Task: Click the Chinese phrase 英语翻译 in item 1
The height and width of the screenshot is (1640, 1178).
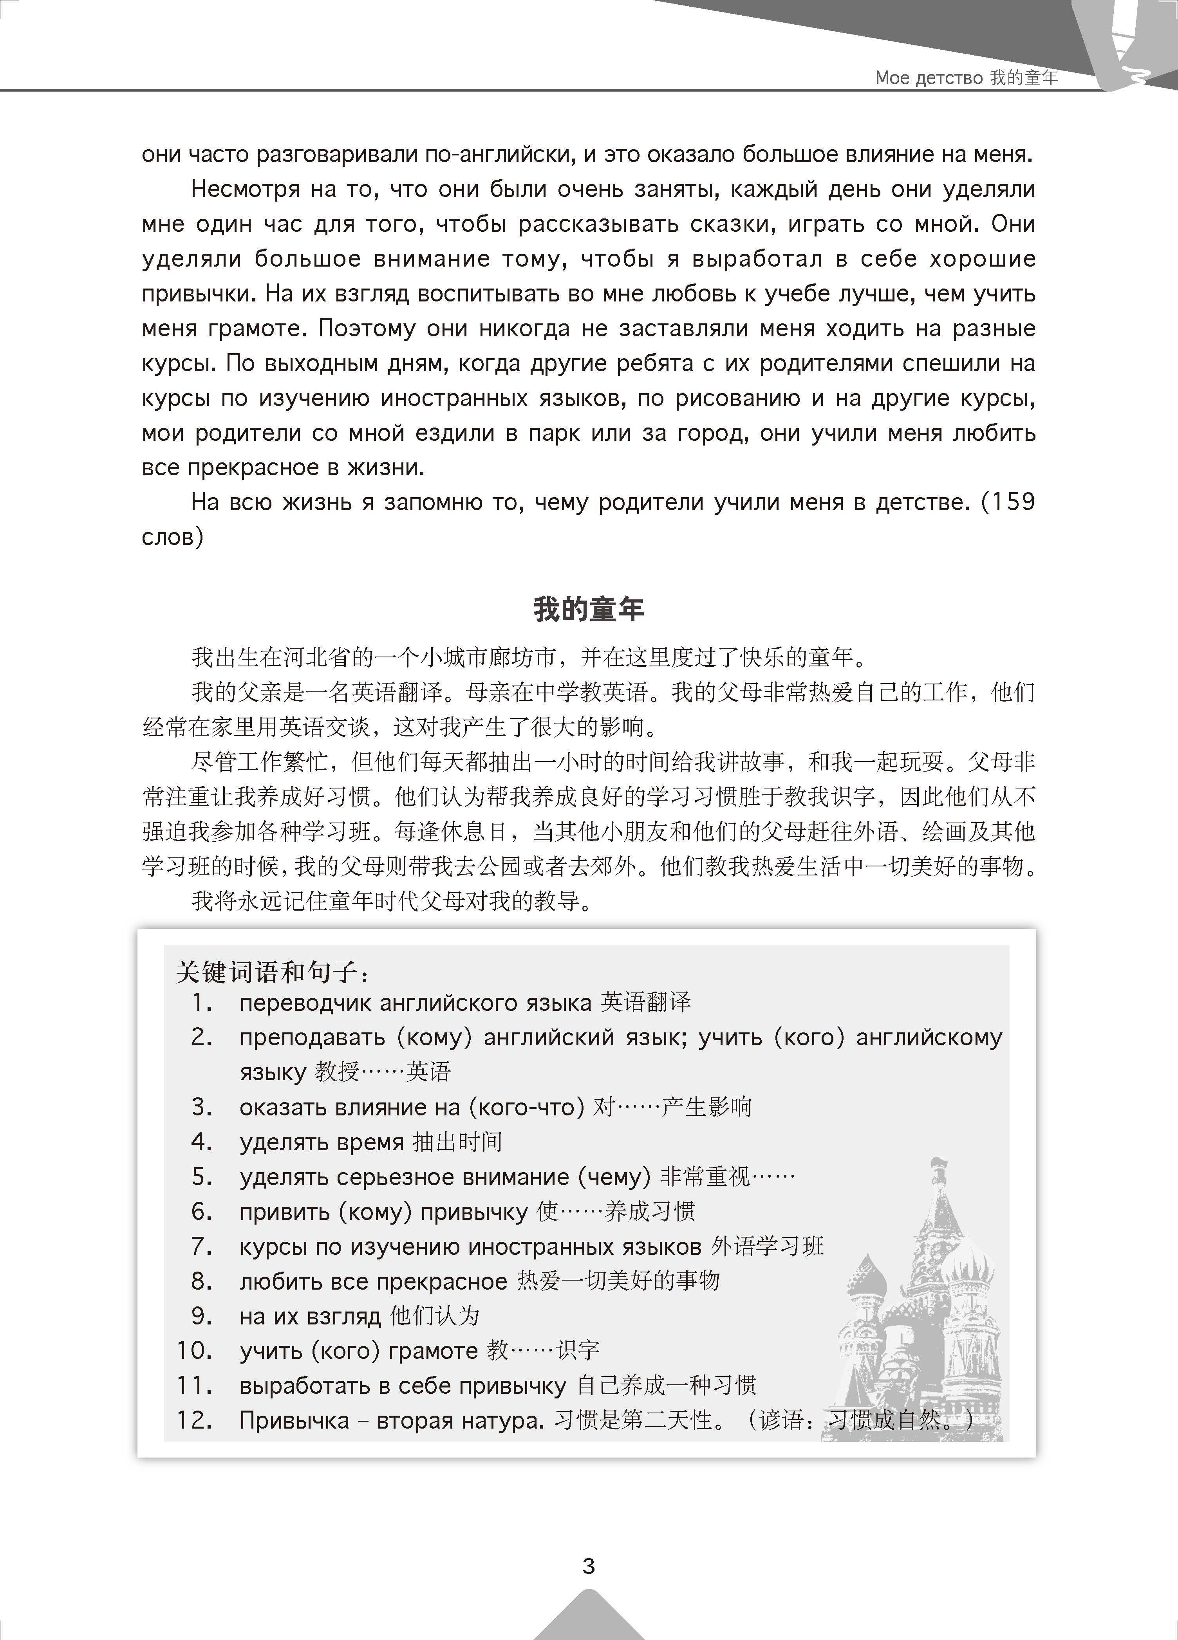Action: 646,1002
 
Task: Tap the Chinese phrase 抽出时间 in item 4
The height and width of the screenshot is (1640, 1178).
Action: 457,1142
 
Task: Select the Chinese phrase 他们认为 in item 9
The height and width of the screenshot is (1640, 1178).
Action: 435,1315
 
